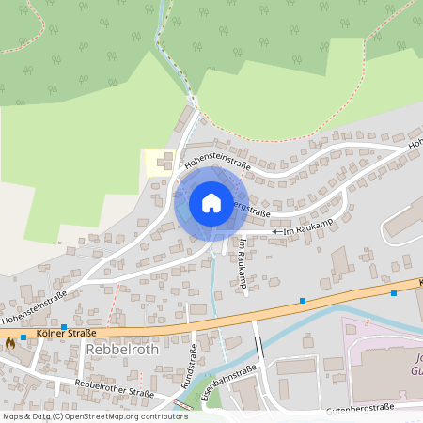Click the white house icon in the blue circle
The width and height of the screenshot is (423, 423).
click(211, 203)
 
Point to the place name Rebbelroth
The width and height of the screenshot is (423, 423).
click(121, 349)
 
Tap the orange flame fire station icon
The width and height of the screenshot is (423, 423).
click(10, 344)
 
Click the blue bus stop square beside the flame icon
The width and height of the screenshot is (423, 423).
click(23, 337)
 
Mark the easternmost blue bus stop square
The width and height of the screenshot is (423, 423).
click(393, 293)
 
